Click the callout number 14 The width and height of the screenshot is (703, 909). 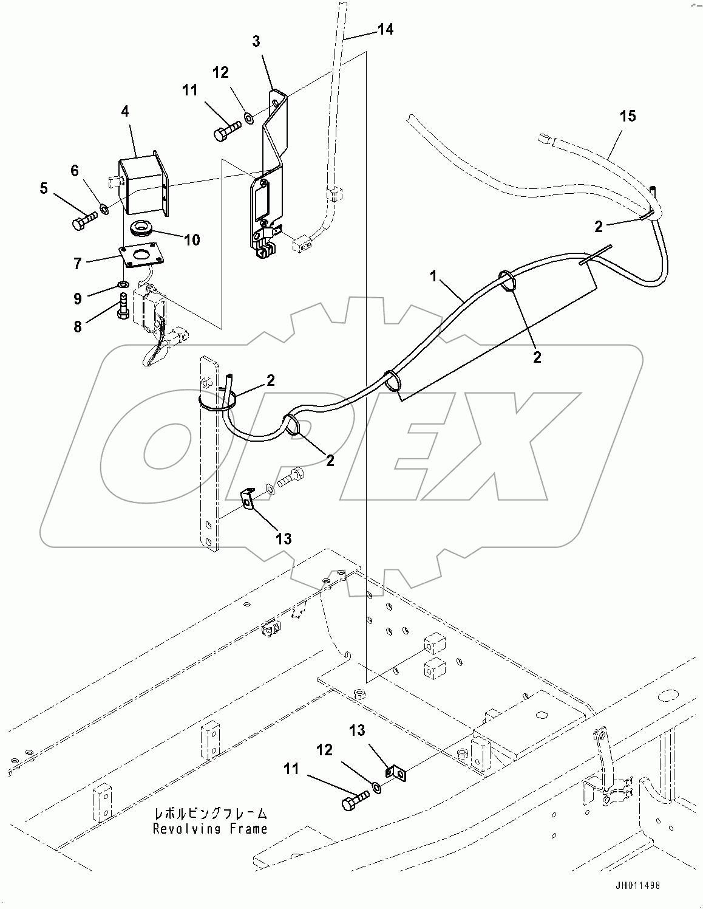click(x=385, y=29)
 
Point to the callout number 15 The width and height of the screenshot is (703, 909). click(x=628, y=116)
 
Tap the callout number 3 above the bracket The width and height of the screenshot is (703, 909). click(x=256, y=41)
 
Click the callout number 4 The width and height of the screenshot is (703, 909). click(x=125, y=112)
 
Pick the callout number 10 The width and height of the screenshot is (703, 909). click(x=192, y=240)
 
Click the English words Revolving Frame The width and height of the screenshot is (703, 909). click(x=210, y=828)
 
